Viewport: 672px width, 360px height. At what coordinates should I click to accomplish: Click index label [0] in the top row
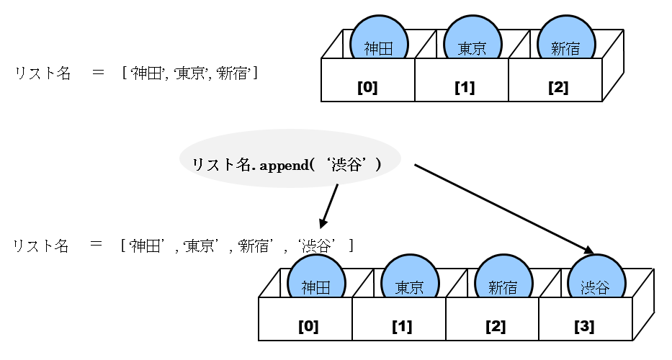(367, 88)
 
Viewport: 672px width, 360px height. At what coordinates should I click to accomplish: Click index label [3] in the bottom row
(584, 326)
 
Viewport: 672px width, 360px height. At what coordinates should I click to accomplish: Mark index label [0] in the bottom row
(308, 326)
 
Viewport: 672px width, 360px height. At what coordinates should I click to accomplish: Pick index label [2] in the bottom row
(496, 326)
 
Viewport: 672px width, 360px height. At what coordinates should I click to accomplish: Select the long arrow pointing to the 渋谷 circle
(504, 210)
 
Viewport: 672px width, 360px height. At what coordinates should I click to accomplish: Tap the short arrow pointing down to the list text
(328, 206)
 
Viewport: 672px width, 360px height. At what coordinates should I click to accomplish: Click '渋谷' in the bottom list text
(318, 246)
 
